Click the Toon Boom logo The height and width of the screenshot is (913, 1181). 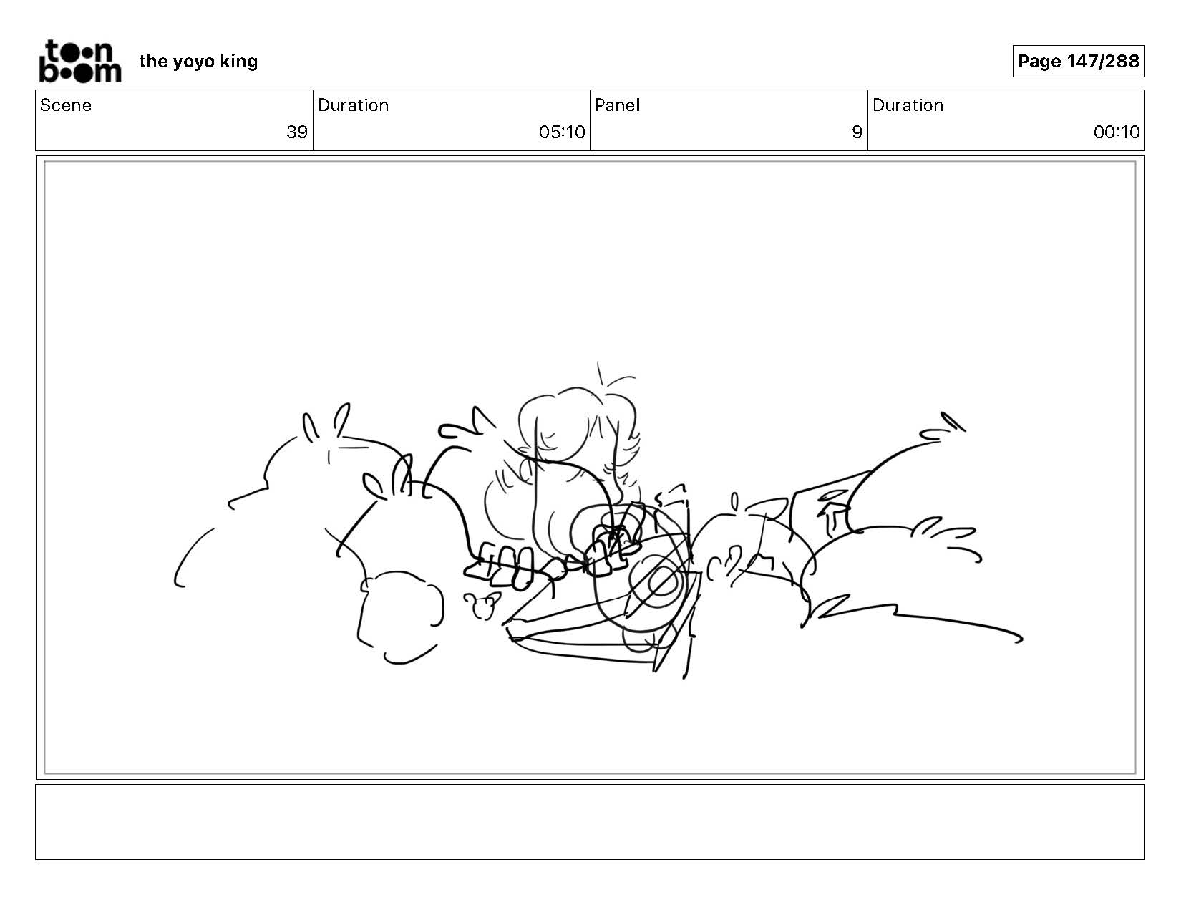(x=80, y=62)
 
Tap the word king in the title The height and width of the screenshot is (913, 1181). (x=238, y=62)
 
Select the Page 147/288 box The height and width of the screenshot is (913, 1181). (x=1078, y=61)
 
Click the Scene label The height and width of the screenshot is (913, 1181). (x=66, y=105)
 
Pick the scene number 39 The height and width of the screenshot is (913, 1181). (x=297, y=132)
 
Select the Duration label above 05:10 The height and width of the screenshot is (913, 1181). (x=354, y=105)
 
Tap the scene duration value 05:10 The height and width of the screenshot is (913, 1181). (x=562, y=132)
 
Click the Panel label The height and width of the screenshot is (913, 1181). (x=618, y=105)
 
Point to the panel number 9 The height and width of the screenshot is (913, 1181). (x=857, y=132)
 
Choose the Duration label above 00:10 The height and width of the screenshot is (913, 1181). (x=908, y=105)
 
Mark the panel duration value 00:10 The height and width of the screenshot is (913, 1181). (x=1117, y=132)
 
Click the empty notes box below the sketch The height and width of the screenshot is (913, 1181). (x=590, y=821)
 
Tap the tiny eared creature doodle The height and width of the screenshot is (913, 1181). (x=482, y=605)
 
